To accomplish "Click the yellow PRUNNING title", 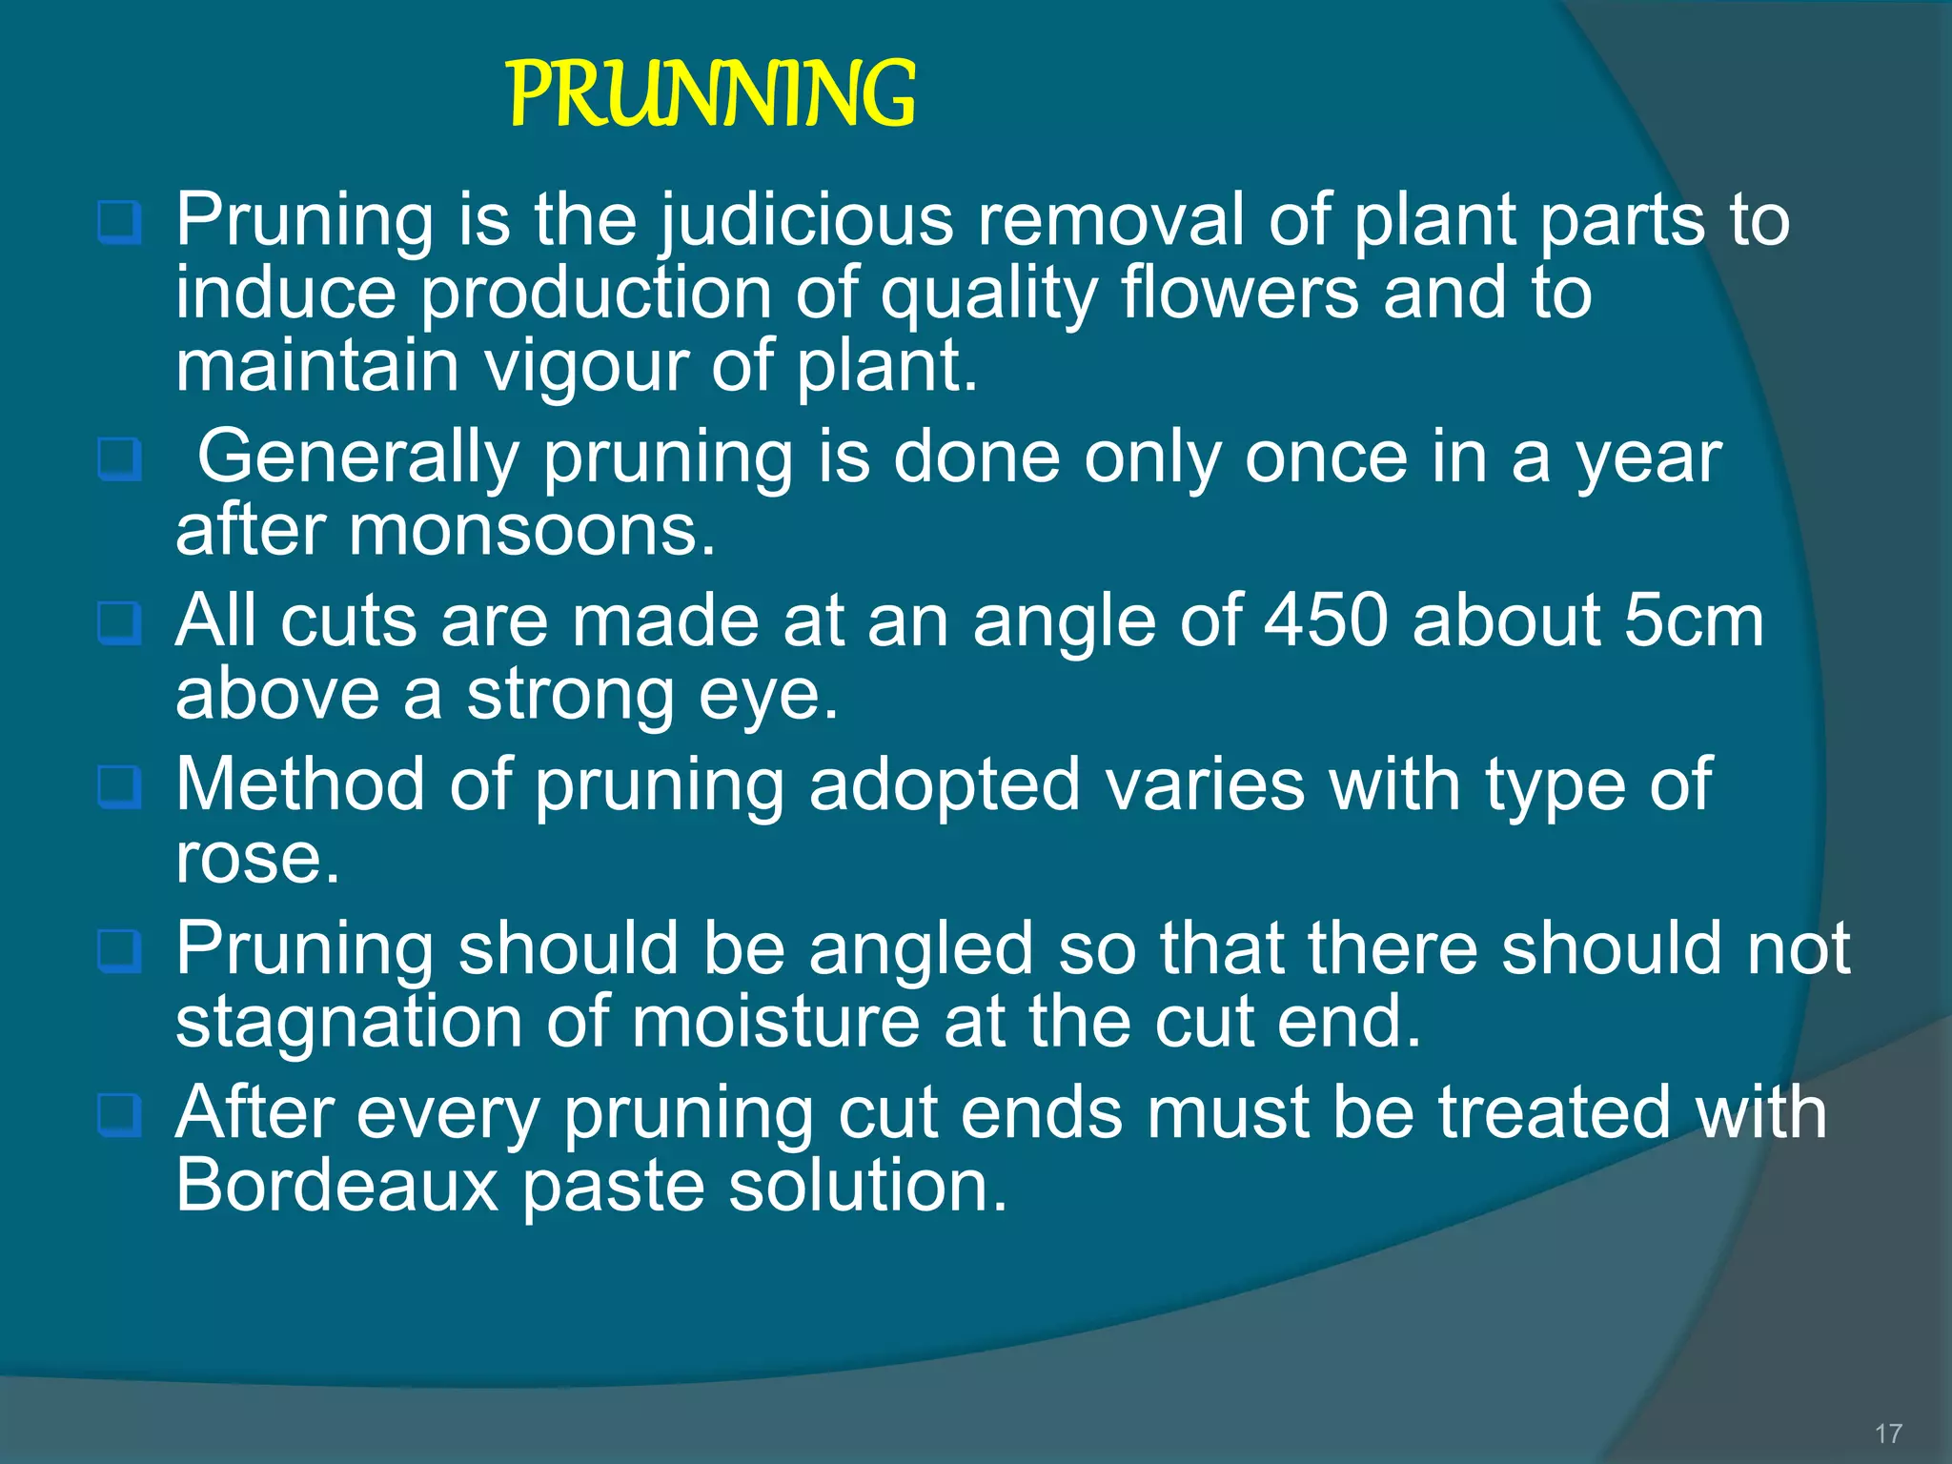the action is tap(711, 93).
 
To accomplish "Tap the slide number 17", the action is tap(1888, 1433).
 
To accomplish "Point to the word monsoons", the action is tap(531, 531).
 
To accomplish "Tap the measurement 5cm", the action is tap(1693, 621).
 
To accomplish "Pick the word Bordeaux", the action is tap(337, 1186).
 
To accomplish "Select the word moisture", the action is tap(776, 1022).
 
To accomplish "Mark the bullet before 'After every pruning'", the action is tap(120, 1113).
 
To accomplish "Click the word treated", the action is tap(1555, 1113).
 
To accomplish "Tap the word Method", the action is tap(300, 785).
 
